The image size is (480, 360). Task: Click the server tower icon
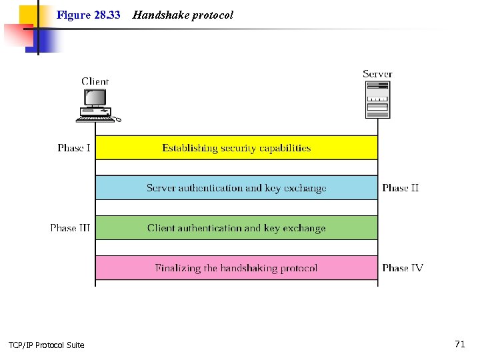377,99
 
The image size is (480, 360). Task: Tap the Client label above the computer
95,81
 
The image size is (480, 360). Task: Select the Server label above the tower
377,74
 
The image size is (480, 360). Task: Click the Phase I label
74,148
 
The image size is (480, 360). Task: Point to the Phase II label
400,188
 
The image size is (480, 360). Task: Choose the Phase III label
70,228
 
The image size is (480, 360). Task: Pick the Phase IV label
402,268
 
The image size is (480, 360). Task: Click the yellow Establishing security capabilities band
237,147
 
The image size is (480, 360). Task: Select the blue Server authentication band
237,187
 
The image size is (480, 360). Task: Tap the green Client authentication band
237,227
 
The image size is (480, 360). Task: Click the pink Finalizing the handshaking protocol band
237,267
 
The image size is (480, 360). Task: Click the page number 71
459,344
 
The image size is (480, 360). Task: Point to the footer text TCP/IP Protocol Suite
47,345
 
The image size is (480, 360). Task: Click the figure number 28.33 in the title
107,15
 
